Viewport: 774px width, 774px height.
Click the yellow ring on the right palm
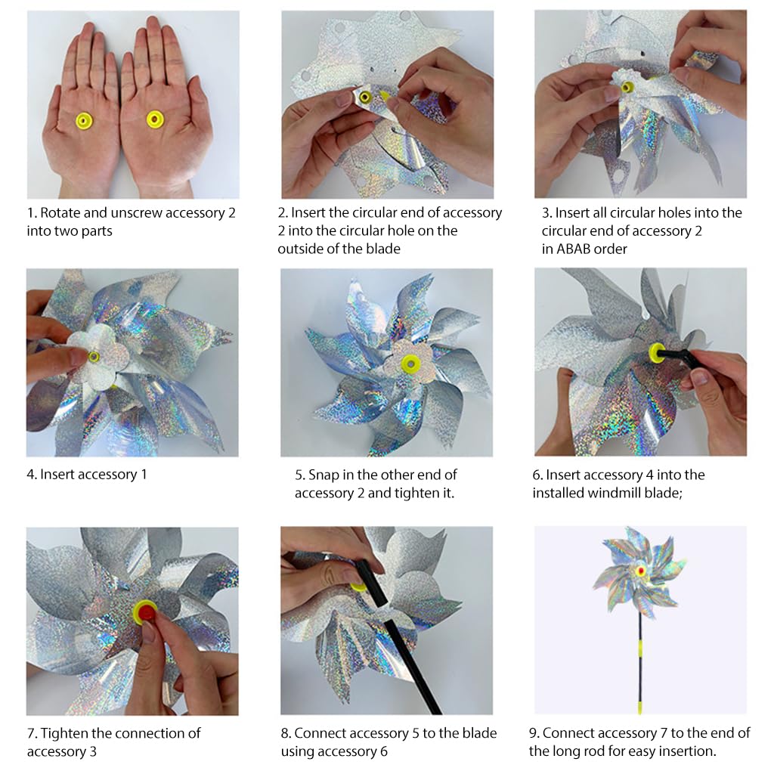(x=154, y=119)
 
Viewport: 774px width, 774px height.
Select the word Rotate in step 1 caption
(x=61, y=213)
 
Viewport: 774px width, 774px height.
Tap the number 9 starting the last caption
(x=533, y=733)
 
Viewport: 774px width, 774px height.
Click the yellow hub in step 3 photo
(x=627, y=88)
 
